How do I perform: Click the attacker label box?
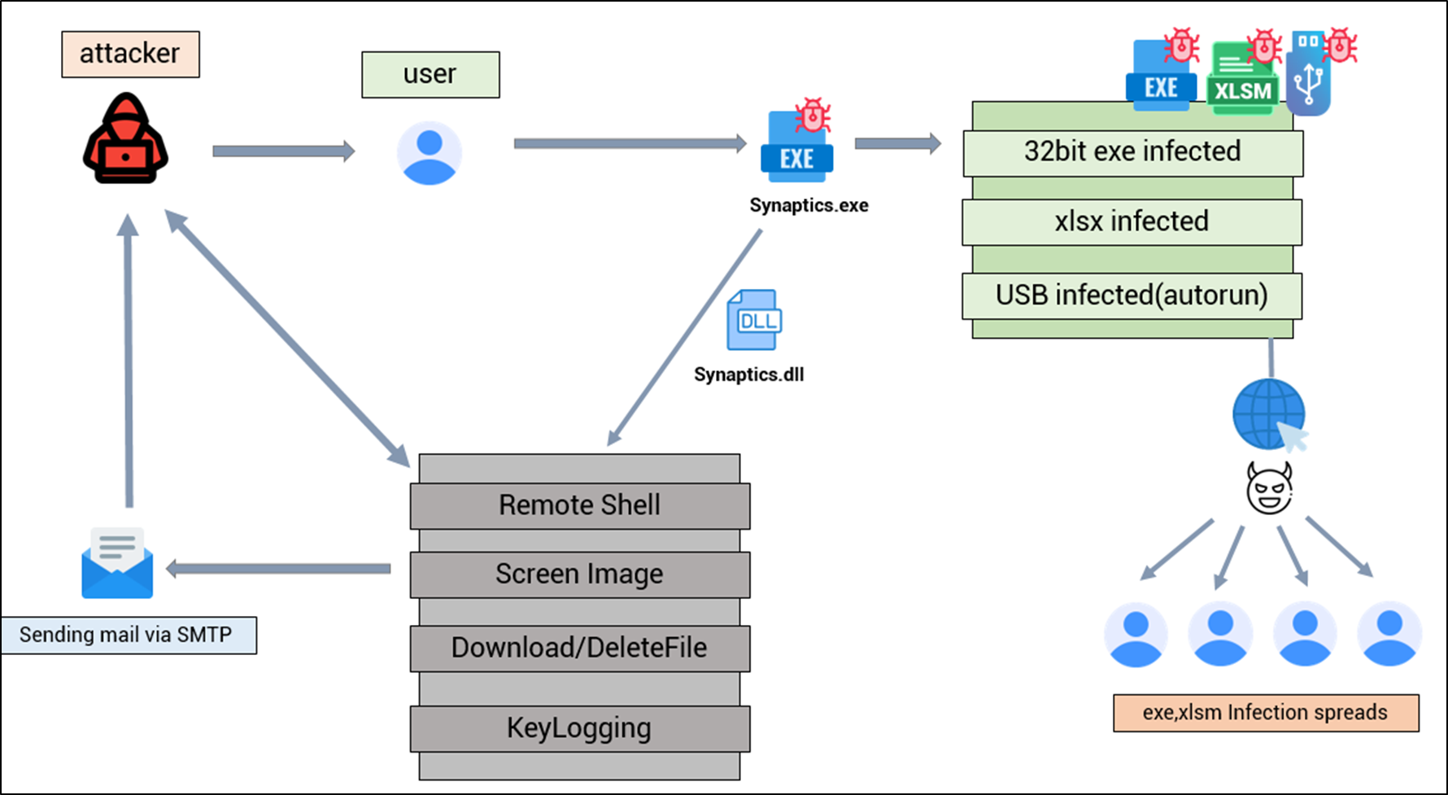point(130,55)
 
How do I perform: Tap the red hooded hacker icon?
point(125,138)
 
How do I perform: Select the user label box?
point(430,75)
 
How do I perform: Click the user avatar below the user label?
point(430,153)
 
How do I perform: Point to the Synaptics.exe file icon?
point(797,142)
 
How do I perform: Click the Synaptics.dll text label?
point(748,374)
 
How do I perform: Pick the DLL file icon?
point(754,320)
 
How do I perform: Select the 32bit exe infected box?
point(1132,153)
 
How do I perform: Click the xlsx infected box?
point(1132,222)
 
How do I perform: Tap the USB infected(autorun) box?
point(1132,296)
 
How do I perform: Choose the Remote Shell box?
point(580,506)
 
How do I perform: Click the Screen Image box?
point(580,575)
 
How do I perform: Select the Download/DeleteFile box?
point(580,649)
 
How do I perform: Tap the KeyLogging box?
point(580,729)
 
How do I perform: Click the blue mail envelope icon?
point(117,563)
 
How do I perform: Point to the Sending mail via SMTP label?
point(129,636)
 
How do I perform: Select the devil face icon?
point(1269,488)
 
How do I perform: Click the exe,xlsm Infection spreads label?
point(1266,714)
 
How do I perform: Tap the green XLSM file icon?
point(1242,79)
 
